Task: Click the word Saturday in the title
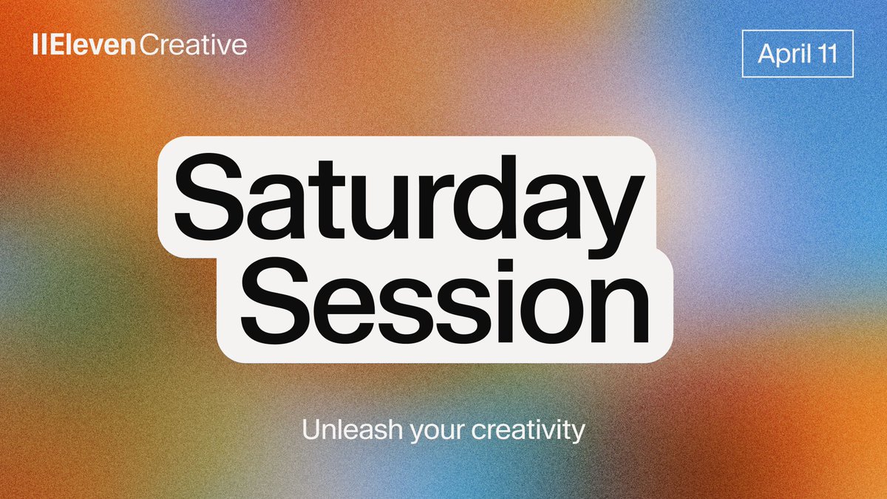click(x=405, y=194)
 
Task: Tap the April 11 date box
click(x=797, y=53)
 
